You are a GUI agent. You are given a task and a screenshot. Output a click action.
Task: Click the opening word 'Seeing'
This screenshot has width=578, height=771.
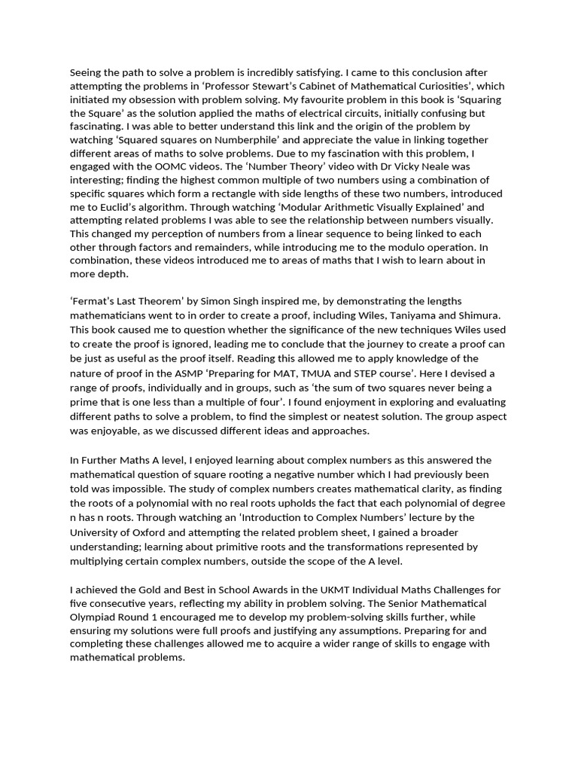[x=87, y=73]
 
